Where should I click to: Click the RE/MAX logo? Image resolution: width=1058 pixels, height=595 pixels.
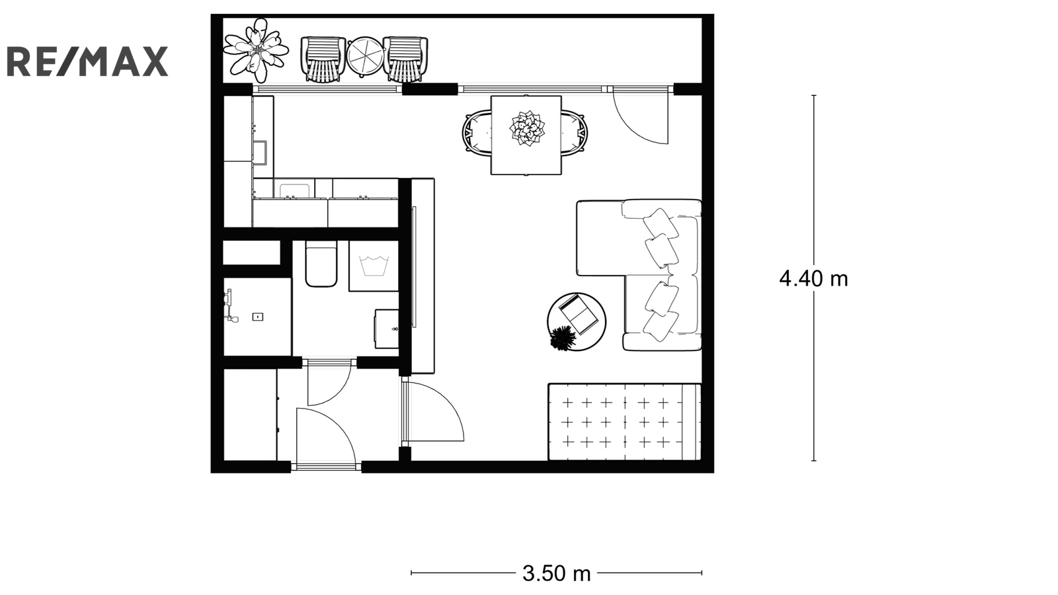pyautogui.click(x=87, y=61)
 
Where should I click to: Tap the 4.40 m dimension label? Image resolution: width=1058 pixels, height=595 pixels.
pyautogui.click(x=813, y=278)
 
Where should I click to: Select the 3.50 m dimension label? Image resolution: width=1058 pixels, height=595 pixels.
pyautogui.click(x=556, y=573)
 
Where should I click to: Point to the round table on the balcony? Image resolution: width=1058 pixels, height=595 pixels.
pyautogui.click(x=364, y=56)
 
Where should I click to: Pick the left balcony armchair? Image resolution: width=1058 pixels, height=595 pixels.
pyautogui.click(x=323, y=59)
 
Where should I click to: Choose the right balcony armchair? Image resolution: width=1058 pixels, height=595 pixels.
pyautogui.click(x=405, y=59)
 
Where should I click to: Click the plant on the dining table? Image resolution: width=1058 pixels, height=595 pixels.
pyautogui.click(x=526, y=128)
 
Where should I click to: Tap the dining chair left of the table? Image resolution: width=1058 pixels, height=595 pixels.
pyautogui.click(x=477, y=132)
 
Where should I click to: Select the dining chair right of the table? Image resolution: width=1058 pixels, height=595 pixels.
pyautogui.click(x=575, y=132)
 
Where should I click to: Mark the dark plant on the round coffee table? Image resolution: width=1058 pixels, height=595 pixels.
pyautogui.click(x=563, y=338)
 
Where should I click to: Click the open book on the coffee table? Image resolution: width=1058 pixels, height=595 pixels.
pyautogui.click(x=579, y=313)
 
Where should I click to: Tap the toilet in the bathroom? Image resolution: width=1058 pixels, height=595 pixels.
pyautogui.click(x=321, y=264)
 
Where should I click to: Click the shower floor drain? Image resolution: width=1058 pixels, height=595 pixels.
pyautogui.click(x=257, y=317)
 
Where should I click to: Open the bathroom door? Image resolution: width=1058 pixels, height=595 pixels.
pyautogui.click(x=329, y=381)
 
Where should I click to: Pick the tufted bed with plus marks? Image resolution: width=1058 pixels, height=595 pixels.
pyautogui.click(x=624, y=422)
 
